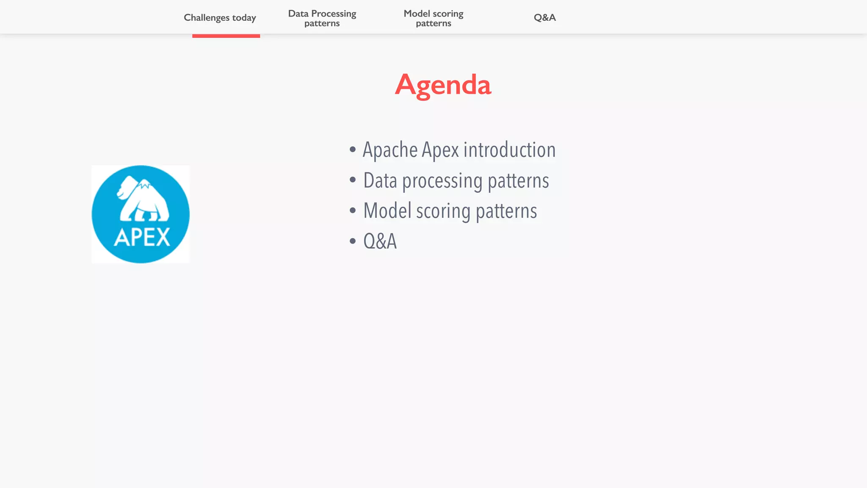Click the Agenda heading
[443, 85]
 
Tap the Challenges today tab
[220, 18]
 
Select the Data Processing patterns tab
[322, 18]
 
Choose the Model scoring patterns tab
[433, 18]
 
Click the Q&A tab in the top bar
[544, 18]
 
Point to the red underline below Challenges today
[226, 36]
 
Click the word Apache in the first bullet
[390, 150]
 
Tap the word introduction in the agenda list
[509, 150]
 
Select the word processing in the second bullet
[442, 181]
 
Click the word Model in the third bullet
[387, 211]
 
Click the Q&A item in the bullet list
[380, 241]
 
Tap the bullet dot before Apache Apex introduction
[353, 150]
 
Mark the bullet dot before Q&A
[353, 241]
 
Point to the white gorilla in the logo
[143, 199]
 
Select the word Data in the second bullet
[380, 181]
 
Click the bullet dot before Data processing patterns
[353, 180]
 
